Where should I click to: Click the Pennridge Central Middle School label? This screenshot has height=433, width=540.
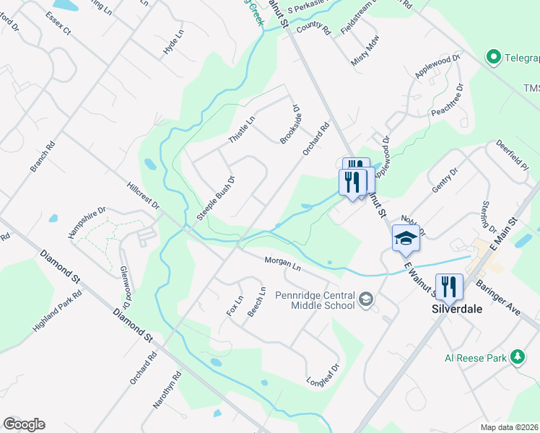(x=315, y=300)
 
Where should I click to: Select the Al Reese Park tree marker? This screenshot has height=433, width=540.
(x=517, y=357)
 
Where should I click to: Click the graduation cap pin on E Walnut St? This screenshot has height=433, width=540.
(x=406, y=237)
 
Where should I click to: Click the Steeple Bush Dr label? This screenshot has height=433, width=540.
(x=217, y=198)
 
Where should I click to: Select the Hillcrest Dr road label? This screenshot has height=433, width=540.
(x=142, y=196)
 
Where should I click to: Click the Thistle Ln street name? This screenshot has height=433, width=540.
(x=242, y=129)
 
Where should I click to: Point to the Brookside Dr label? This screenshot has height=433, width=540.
(x=290, y=124)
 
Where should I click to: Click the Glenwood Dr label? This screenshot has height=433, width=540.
(x=126, y=282)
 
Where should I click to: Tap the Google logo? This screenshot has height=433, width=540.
(x=24, y=424)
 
